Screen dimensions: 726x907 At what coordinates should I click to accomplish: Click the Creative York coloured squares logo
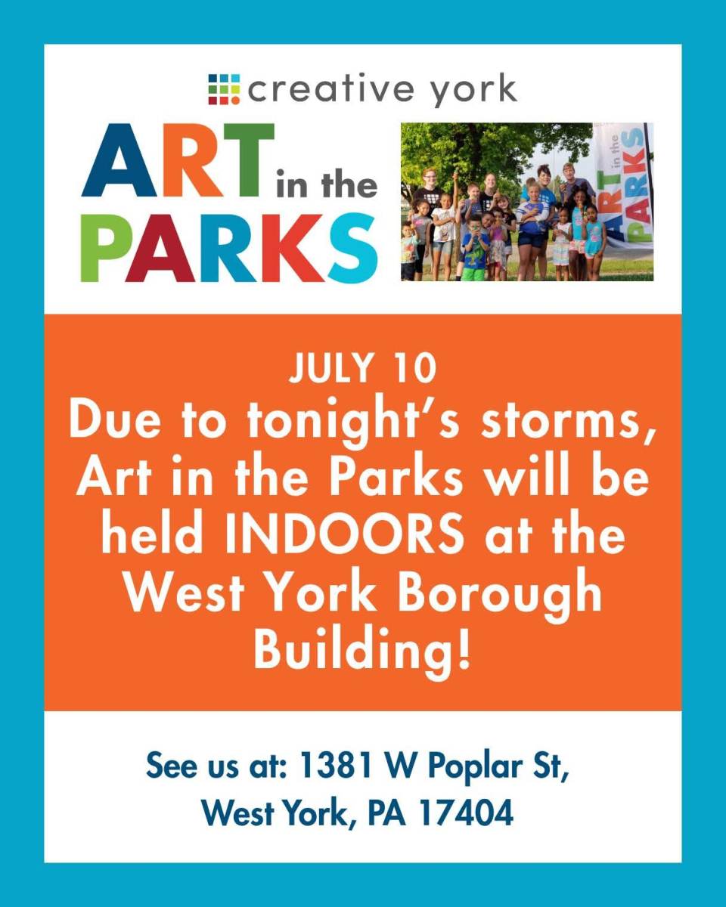tap(224, 89)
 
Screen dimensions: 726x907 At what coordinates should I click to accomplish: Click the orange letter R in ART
tap(191, 159)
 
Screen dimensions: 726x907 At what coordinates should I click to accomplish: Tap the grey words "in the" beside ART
tap(327, 184)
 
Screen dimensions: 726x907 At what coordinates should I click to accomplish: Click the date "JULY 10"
tap(362, 368)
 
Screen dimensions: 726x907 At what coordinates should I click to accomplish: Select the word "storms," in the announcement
tap(568, 423)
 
